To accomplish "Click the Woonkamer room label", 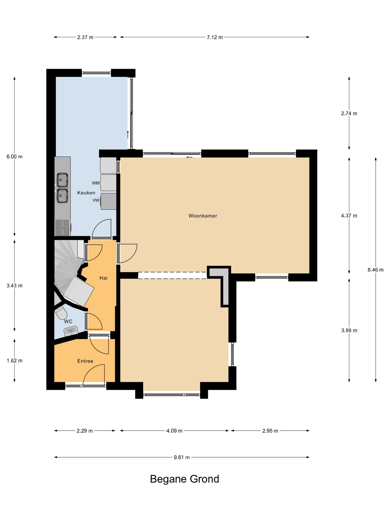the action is pyautogui.click(x=203, y=216).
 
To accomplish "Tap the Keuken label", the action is pyautogui.click(x=86, y=193).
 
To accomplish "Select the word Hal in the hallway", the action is pyautogui.click(x=104, y=278).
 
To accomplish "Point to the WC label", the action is pyautogui.click(x=68, y=322).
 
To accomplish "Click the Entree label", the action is pyautogui.click(x=85, y=361).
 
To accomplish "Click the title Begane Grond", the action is pyautogui.click(x=185, y=479).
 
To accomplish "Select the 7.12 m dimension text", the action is pyautogui.click(x=215, y=37).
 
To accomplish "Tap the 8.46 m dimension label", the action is pyautogui.click(x=376, y=270).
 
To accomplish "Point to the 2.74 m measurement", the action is pyautogui.click(x=349, y=113).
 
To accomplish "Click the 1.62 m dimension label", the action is pyautogui.click(x=14, y=361).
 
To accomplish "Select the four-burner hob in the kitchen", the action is pyautogui.click(x=62, y=227).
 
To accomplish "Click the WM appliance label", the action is pyautogui.click(x=96, y=183).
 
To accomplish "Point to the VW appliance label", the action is pyautogui.click(x=96, y=200).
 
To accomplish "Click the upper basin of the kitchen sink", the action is pyautogui.click(x=62, y=180).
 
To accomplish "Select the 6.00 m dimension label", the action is pyautogui.click(x=14, y=157).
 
